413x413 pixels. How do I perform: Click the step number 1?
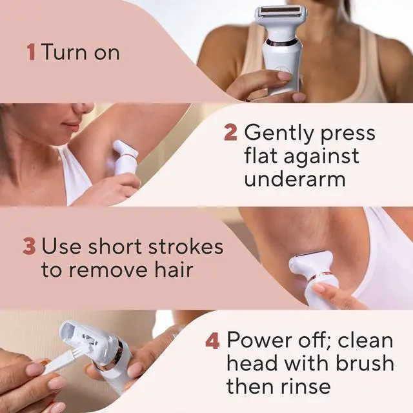(x=30, y=52)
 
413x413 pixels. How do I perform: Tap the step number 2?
(x=230, y=134)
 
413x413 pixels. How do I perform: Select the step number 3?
(x=29, y=247)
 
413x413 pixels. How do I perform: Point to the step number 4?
(x=212, y=340)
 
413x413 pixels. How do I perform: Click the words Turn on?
(x=81, y=52)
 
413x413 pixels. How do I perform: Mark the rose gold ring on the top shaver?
(x=283, y=43)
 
